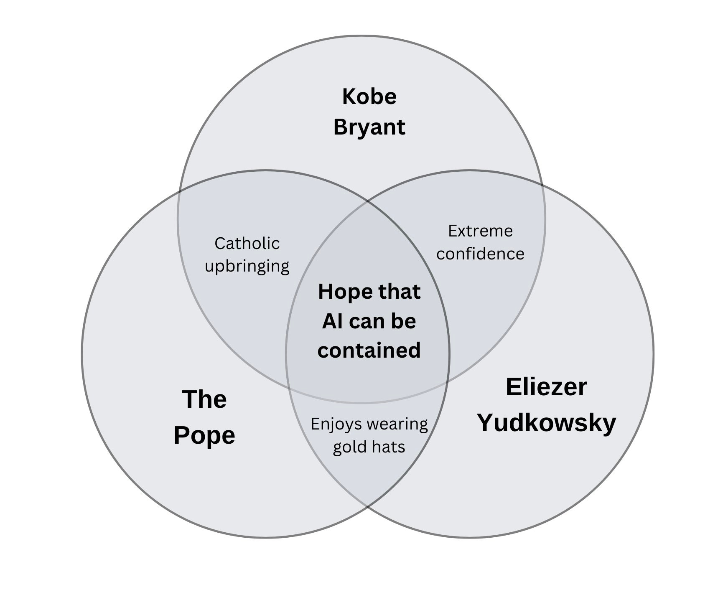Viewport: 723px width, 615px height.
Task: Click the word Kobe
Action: tap(369, 97)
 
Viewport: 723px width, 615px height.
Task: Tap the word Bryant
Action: tap(369, 127)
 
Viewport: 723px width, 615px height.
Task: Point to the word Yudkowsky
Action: tap(547, 423)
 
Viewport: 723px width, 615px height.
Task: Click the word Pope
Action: tap(204, 436)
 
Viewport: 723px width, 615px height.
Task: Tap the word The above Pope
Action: tap(204, 399)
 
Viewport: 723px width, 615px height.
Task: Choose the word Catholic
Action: tap(247, 244)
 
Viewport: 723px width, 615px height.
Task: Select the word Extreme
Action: tap(480, 231)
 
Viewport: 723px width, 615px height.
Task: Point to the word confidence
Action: tap(480, 254)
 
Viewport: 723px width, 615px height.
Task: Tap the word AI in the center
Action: tap(333, 321)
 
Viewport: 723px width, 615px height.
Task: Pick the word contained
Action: tap(369, 350)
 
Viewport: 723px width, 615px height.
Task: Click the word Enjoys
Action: tap(336, 424)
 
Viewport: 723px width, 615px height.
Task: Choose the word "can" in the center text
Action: tap(367, 321)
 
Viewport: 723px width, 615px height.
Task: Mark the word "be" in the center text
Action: tap(403, 321)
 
